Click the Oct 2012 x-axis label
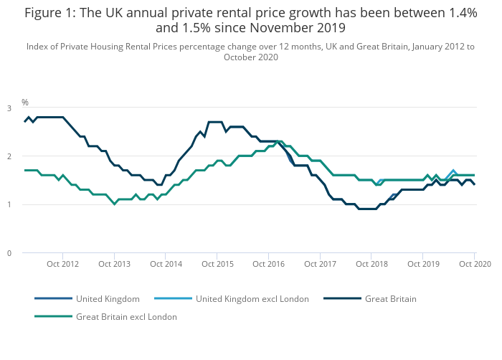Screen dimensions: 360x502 [x=63, y=264]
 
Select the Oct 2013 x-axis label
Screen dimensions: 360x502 [x=114, y=264]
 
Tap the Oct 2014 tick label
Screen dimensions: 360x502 [x=166, y=264]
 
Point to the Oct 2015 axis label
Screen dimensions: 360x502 [x=217, y=264]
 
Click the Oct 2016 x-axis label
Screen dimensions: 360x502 [x=268, y=264]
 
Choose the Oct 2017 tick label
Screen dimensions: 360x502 [x=320, y=264]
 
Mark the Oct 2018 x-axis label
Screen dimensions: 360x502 [x=371, y=264]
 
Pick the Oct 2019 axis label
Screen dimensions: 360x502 [x=422, y=264]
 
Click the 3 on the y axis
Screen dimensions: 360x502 [x=9, y=108]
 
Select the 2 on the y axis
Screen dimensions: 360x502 [x=9, y=156]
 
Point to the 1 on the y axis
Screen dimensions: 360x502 [x=9, y=205]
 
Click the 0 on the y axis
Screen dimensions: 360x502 [x=9, y=253]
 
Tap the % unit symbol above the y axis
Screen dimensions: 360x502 [x=25, y=103]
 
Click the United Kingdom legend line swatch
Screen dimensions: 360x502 [x=53, y=298]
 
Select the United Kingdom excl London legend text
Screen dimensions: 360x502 [x=252, y=298]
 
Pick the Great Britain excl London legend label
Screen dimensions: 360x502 [x=126, y=316]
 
